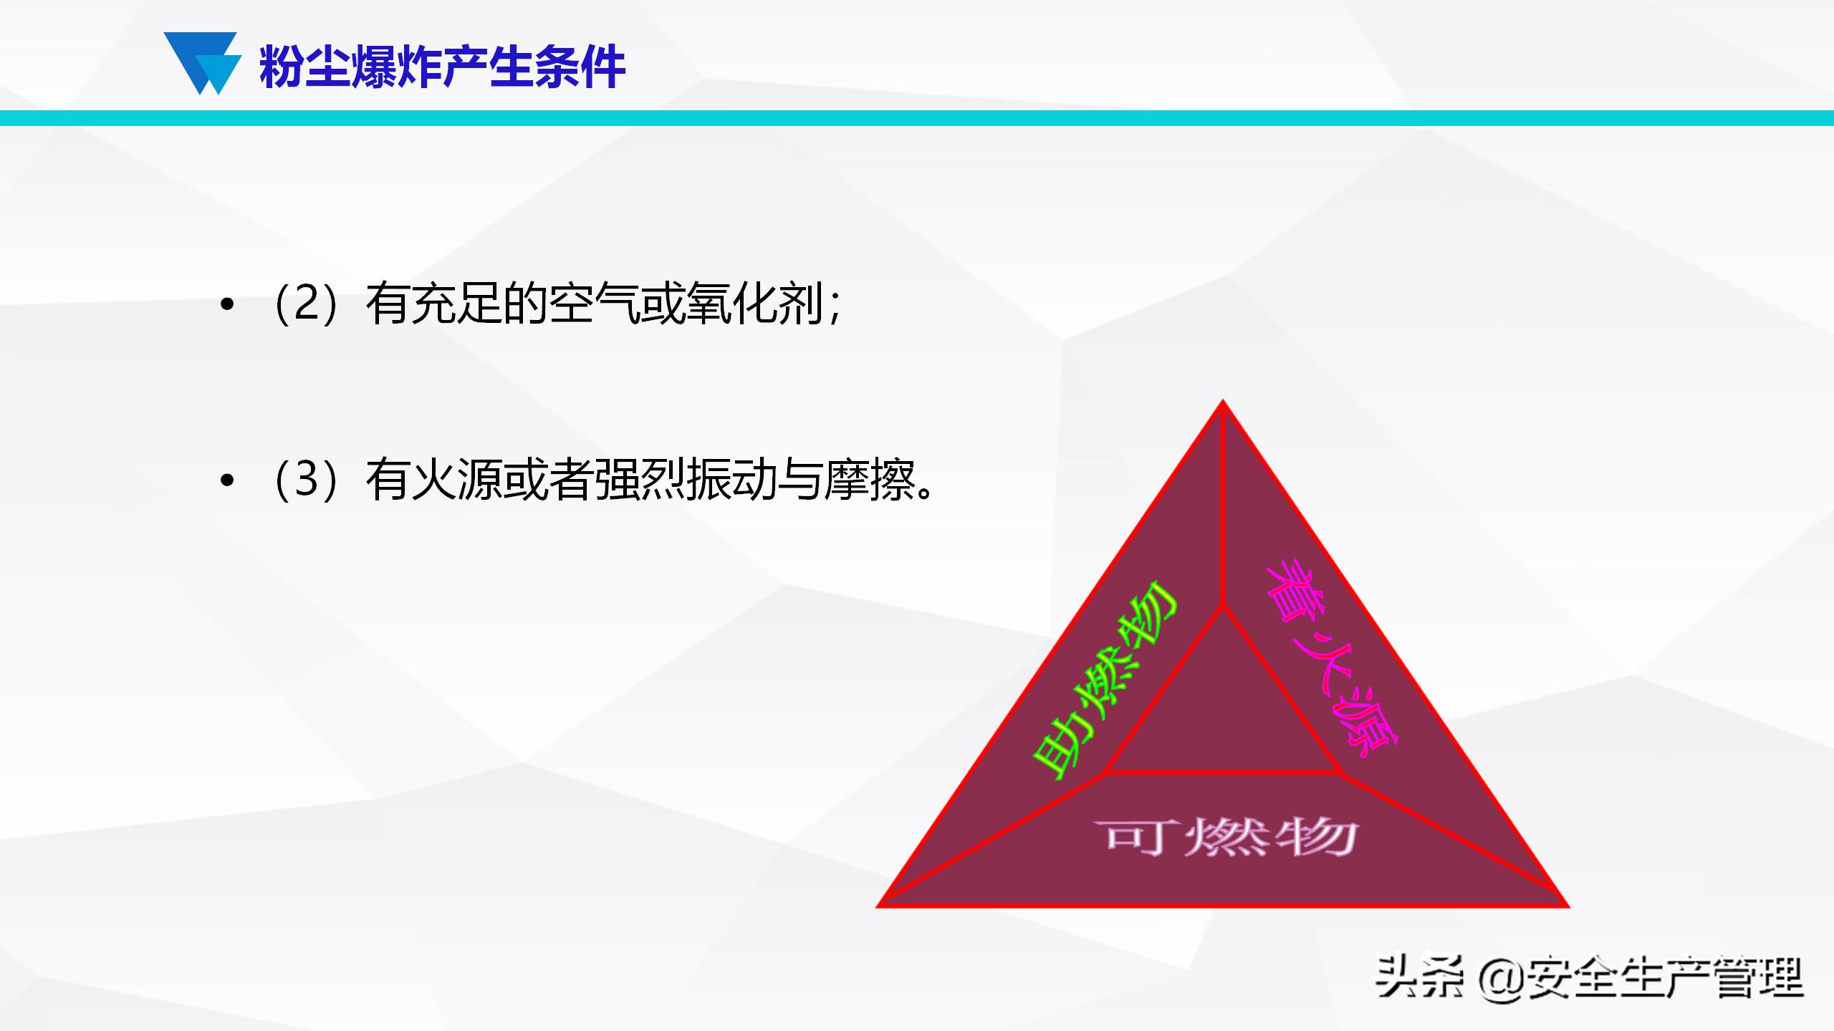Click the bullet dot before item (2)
click(x=227, y=306)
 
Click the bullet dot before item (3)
click(x=227, y=481)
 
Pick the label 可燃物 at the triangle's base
click(x=1225, y=836)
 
